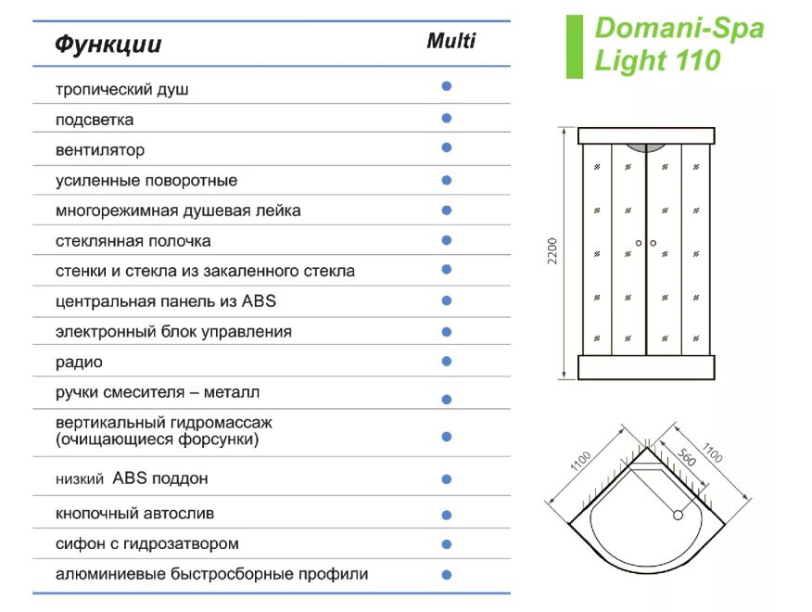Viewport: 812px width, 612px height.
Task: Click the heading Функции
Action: (x=108, y=45)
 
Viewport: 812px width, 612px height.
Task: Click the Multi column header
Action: (x=451, y=41)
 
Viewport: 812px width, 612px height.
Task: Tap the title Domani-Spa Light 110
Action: (x=679, y=44)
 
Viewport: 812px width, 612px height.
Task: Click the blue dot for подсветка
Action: (x=447, y=118)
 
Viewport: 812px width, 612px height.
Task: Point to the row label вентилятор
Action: (x=100, y=150)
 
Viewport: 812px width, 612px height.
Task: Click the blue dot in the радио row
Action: (x=447, y=361)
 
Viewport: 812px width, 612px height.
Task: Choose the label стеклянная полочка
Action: (x=133, y=241)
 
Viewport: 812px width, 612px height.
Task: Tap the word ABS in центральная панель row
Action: (x=259, y=301)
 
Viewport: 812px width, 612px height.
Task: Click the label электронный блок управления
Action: (x=173, y=332)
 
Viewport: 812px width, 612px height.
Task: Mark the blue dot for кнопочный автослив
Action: (x=447, y=515)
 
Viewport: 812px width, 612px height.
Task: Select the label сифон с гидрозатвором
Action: (x=146, y=543)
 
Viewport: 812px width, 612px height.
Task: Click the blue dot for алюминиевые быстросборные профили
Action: (x=447, y=574)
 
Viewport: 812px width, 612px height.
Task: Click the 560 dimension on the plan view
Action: (x=687, y=462)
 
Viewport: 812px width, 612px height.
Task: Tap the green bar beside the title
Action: (x=575, y=46)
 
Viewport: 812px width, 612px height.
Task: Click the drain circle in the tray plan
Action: (x=678, y=515)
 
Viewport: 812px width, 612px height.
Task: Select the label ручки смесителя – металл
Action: (x=158, y=392)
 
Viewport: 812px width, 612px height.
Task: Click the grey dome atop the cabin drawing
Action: (x=646, y=147)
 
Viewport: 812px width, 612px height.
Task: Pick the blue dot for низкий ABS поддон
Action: (x=447, y=479)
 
